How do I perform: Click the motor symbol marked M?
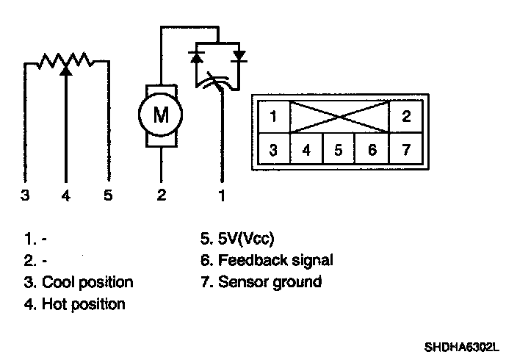160,114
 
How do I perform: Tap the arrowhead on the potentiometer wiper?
66,70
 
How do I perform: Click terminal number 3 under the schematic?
25,196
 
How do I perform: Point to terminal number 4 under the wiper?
66,196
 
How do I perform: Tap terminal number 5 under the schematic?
109,196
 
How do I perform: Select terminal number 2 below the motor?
161,196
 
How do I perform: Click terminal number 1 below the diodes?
221,196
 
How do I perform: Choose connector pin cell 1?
272,116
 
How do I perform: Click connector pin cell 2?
406,116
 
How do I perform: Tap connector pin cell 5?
339,150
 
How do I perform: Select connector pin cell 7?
406,150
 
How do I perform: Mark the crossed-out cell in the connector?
339,116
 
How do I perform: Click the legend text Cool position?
87,282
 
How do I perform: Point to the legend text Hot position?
83,303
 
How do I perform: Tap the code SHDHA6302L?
465,345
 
